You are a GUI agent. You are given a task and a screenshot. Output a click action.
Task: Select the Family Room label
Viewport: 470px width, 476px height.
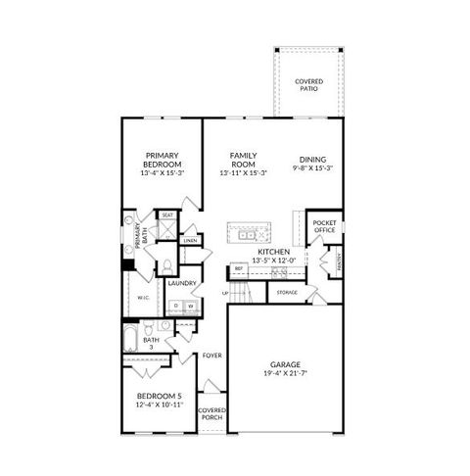[x=243, y=156]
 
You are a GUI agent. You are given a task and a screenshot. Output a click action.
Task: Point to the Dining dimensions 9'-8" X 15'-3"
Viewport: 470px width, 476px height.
[x=313, y=168]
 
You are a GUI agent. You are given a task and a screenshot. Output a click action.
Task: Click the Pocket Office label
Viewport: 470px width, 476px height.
[x=324, y=227]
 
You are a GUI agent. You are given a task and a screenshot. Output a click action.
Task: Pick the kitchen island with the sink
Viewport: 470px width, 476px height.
[x=249, y=234]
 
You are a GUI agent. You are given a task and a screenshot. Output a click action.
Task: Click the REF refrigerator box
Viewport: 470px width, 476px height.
[x=238, y=268]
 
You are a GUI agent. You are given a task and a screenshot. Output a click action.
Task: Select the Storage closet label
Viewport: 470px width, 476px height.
[x=286, y=292]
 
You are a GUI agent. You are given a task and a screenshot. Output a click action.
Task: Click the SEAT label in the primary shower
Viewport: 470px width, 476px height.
[x=167, y=214]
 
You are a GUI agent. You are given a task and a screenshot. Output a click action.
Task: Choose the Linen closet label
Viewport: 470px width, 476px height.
[x=190, y=240]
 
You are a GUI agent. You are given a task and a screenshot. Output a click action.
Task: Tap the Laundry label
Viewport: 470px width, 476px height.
[x=181, y=283]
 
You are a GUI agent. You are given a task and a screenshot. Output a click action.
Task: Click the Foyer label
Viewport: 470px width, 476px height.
[x=212, y=356]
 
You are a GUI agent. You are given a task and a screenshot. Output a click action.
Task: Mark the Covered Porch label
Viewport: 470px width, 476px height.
[x=211, y=413]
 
